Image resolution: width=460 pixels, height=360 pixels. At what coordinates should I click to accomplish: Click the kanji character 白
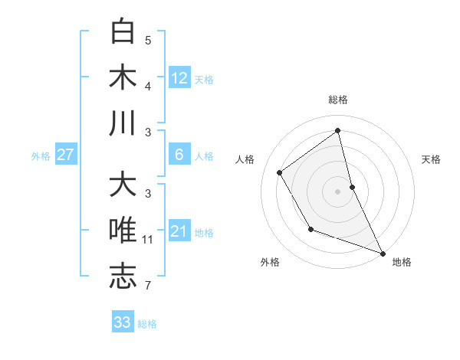123,31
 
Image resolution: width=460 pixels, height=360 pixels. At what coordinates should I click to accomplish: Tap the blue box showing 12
179,77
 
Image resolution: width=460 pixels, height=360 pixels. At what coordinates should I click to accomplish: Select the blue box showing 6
179,155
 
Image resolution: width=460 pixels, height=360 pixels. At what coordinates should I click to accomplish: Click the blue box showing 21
179,231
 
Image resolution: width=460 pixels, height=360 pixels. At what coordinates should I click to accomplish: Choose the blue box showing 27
65,155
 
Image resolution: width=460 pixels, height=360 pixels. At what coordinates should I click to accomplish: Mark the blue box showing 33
123,322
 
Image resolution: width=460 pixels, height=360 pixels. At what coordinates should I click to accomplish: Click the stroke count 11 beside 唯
148,240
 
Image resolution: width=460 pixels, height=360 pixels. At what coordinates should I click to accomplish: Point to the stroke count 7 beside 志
148,286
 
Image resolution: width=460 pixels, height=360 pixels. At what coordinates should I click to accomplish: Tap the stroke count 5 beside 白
148,40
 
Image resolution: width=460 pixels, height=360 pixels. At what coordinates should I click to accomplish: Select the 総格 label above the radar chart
338,100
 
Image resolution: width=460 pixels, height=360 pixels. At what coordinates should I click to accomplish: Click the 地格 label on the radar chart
402,262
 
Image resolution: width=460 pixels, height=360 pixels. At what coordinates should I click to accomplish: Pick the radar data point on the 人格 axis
280,172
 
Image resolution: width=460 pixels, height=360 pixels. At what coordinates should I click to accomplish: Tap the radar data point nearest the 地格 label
383,253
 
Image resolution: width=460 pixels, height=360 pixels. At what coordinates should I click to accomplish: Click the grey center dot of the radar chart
338,191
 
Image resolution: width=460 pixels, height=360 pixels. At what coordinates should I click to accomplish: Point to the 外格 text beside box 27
41,155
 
